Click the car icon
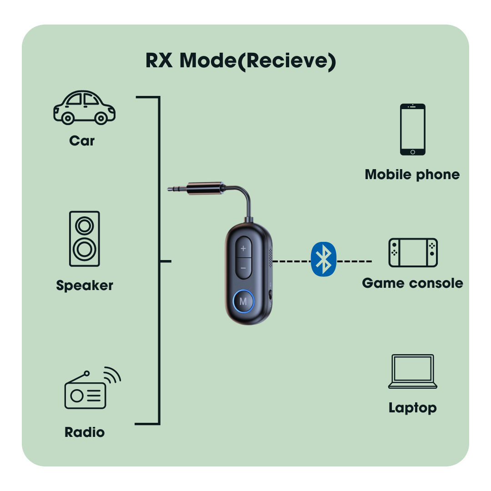tap(84, 107)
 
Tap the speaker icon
tap(85, 239)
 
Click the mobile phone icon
tap(413, 130)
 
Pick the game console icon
tap(413, 252)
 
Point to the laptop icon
tap(413, 372)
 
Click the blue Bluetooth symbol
tap(323, 259)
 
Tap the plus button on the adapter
tap(243, 249)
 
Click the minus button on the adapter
tap(243, 268)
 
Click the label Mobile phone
tap(412, 175)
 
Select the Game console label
tap(412, 283)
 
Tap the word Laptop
tap(412, 407)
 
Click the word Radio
tap(85, 432)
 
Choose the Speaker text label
tap(85, 286)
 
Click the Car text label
tap(82, 140)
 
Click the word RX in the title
tap(159, 60)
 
